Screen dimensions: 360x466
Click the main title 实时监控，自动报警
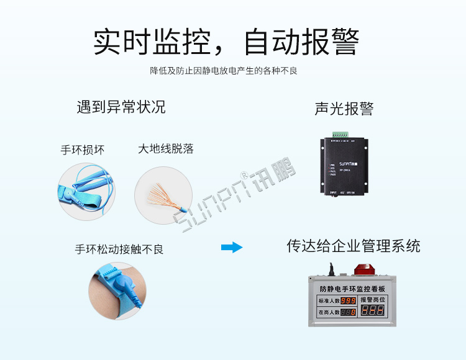(x=226, y=42)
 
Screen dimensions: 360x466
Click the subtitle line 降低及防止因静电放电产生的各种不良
(x=224, y=71)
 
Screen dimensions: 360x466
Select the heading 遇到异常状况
(x=121, y=107)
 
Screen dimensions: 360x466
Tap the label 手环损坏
(x=83, y=150)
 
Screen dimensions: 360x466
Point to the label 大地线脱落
(x=166, y=149)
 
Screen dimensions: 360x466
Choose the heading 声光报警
(x=344, y=109)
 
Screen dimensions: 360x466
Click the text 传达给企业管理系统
(x=353, y=246)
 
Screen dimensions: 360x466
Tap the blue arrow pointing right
(x=232, y=248)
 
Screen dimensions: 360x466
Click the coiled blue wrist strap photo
(x=87, y=190)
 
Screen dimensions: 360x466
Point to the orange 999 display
(x=347, y=301)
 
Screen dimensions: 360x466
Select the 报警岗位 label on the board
(x=374, y=299)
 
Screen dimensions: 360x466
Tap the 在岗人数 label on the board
(x=329, y=312)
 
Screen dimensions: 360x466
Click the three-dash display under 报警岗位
(x=373, y=311)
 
